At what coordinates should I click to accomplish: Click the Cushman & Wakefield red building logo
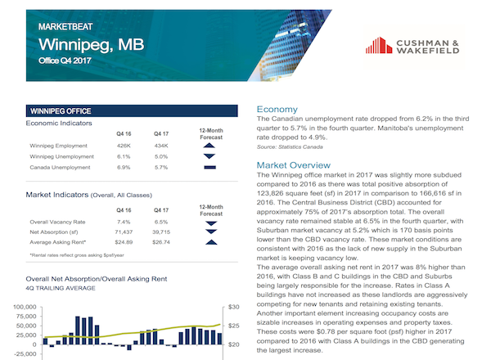379,45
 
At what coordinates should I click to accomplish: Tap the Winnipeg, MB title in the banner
91,45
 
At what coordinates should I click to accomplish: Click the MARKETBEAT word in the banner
65,27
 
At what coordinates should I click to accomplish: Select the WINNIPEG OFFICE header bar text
61,111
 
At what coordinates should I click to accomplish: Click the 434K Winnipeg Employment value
161,146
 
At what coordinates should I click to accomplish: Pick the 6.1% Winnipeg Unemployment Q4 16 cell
124,156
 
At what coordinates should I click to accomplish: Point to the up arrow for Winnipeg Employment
209,146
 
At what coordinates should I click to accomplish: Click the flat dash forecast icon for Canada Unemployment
209,168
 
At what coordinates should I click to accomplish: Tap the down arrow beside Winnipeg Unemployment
209,156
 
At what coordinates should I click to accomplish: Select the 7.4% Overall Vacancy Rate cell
124,222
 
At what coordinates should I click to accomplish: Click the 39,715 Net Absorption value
161,232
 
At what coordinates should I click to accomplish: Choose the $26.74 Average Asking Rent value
161,242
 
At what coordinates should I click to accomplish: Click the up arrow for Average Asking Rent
211,242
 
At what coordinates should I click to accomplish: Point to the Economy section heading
277,110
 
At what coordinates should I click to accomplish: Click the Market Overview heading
294,165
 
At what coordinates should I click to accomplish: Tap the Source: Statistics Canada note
290,146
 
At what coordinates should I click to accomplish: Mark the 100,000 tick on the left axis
25,307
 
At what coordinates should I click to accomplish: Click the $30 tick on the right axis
233,307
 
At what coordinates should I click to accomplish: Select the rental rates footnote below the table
77,255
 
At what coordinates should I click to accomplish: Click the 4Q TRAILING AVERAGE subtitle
61,288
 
